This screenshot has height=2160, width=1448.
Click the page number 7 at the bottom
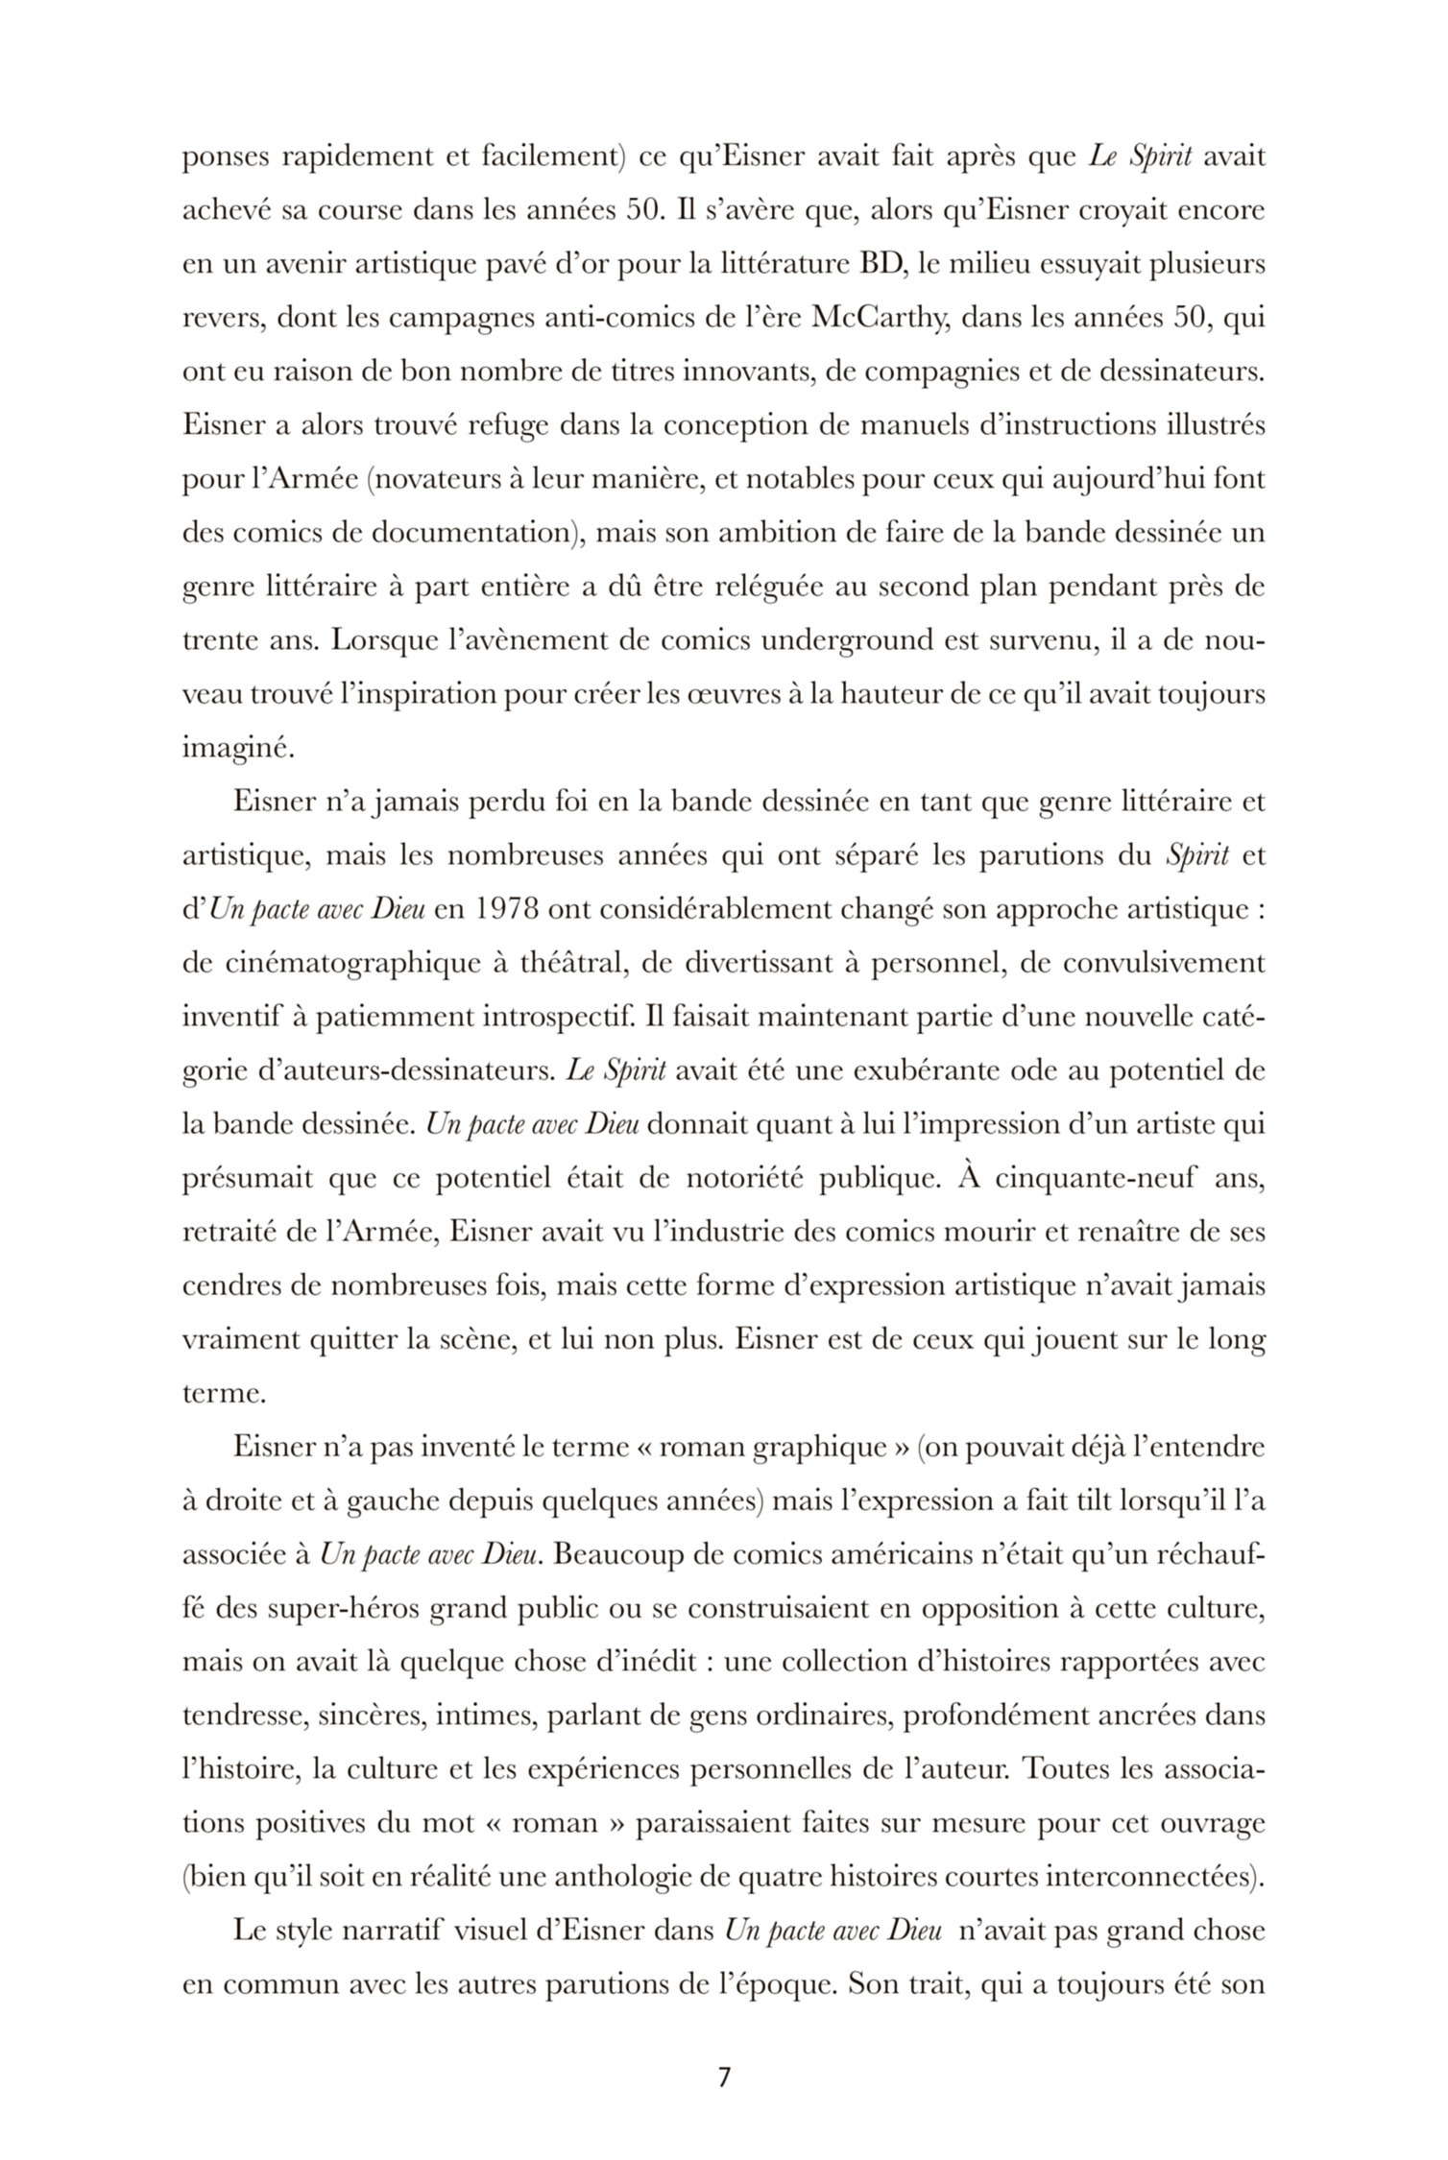[724, 2077]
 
